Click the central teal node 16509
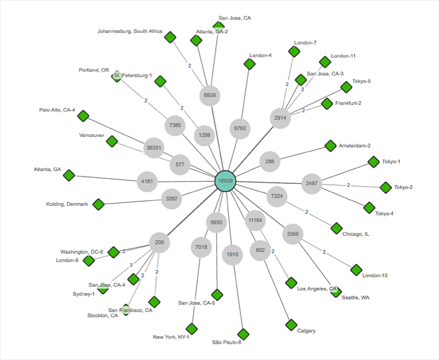pos(226,181)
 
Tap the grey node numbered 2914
pos(280,118)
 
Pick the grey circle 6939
pos(209,95)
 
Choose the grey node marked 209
pos(160,242)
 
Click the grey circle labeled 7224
pos(276,196)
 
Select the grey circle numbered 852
pos(260,250)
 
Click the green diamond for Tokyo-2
pos(386,187)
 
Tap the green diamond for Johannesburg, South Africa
pos(170,38)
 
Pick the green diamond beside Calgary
pos(291,325)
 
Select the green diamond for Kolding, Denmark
pos(98,204)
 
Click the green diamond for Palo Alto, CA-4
pos(83,116)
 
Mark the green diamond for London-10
pos(356,270)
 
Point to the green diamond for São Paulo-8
pos(243,334)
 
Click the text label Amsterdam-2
pos(355,146)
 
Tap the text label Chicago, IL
pos(356,234)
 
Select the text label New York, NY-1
pos(171,337)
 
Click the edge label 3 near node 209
pos(131,264)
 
